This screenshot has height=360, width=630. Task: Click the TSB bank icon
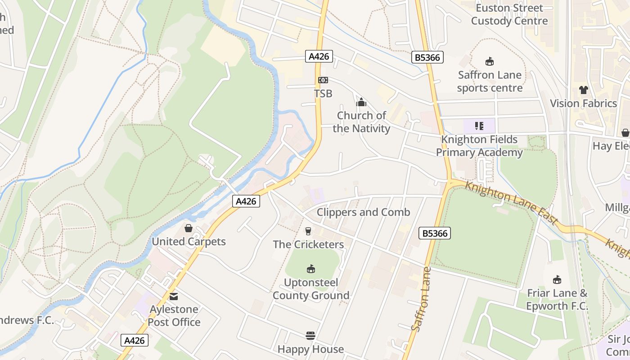pos(323,80)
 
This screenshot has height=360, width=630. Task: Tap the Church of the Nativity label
pos(362,122)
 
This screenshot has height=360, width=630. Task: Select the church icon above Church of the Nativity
pos(361,103)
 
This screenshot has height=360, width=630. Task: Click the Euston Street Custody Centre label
pos(509,14)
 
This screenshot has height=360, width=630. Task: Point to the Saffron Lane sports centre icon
pos(490,62)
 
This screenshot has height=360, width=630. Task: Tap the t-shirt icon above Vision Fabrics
pos(584,90)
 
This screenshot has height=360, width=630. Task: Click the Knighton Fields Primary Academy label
pos(479,146)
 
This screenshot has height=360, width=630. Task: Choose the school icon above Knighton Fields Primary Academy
pos(479,126)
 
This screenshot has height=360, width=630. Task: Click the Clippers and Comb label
pos(364,212)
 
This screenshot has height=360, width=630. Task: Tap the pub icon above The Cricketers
pos(308,231)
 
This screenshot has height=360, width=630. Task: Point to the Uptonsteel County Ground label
pos(311,289)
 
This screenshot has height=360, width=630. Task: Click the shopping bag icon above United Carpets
pos(189,229)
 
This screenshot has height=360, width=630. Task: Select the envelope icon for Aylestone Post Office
pos(174,297)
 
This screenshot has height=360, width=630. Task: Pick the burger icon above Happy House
pos(310,336)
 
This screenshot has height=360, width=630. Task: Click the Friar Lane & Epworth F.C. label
pos(558,300)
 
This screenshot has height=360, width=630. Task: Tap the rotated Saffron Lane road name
pos(422,299)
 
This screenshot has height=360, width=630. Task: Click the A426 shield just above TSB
pos(320,56)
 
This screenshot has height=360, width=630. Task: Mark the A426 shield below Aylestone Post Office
pos(135,340)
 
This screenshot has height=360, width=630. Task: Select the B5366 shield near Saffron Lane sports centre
pos(427,57)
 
